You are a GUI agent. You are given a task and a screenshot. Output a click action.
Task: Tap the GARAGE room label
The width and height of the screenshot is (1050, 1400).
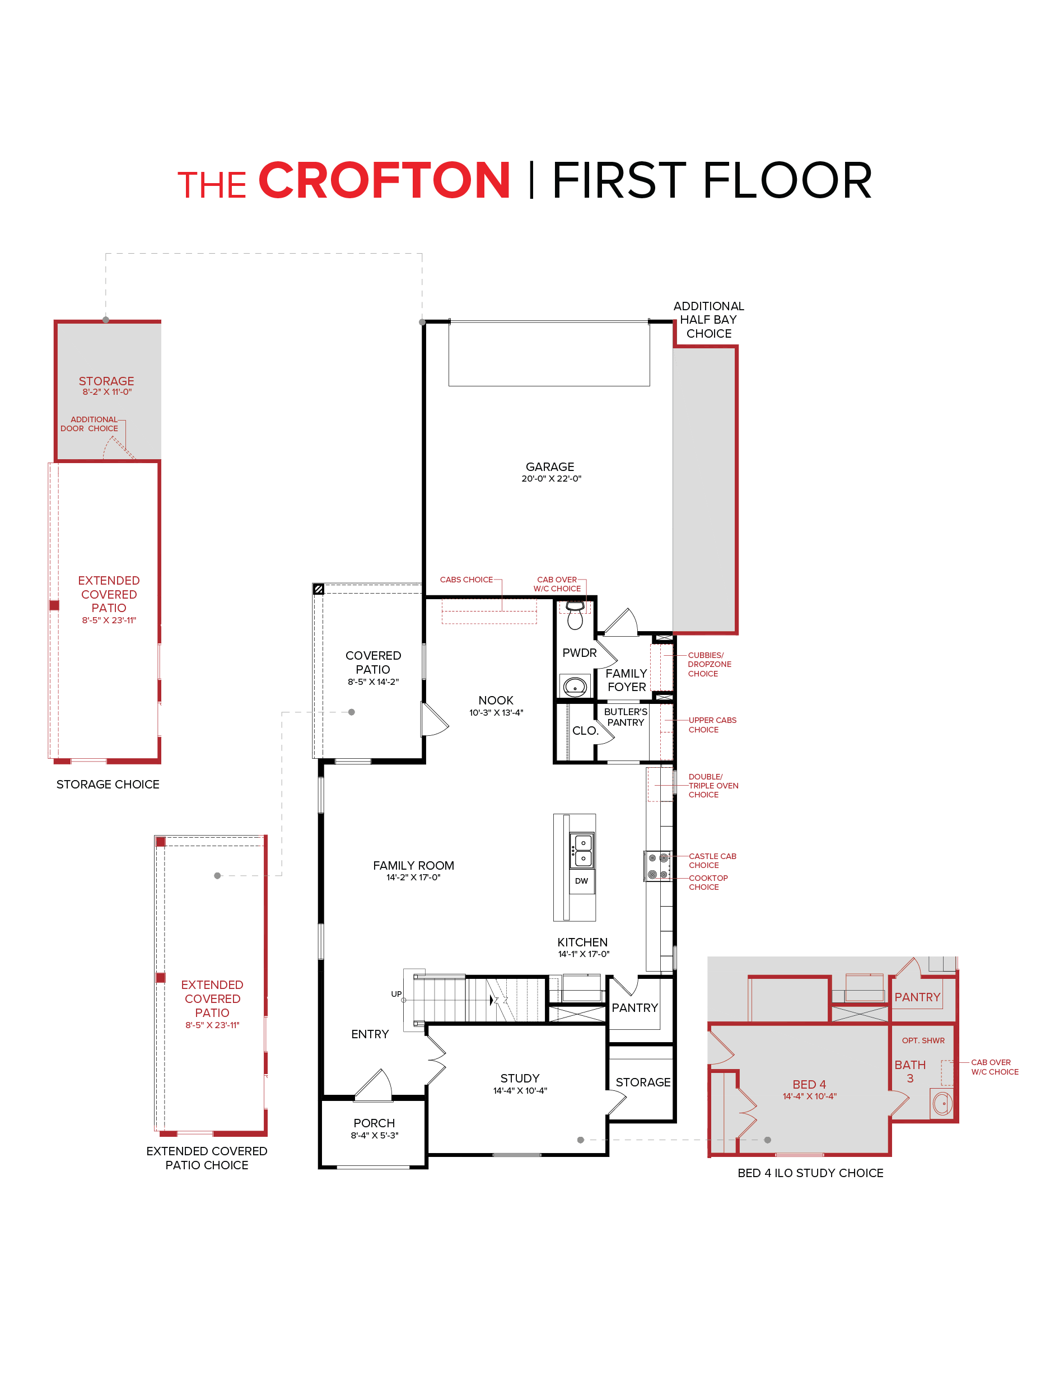click(x=549, y=466)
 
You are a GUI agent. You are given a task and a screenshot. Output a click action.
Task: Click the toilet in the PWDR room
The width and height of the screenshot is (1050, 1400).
click(x=575, y=615)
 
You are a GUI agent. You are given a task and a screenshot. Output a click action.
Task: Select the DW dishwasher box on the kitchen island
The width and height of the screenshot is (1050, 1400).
click(x=581, y=880)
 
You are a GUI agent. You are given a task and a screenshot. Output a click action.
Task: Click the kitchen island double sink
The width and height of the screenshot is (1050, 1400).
click(x=582, y=850)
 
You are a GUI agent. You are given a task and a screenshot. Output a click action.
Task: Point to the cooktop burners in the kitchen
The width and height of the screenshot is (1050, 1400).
click(x=657, y=866)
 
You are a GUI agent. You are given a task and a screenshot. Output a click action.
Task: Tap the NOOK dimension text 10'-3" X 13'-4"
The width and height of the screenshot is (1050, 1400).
click(x=496, y=713)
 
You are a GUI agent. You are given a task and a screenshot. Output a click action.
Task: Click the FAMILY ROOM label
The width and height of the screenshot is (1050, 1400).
click(x=413, y=865)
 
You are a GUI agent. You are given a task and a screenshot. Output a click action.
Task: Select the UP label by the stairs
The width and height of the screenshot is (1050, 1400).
click(x=396, y=993)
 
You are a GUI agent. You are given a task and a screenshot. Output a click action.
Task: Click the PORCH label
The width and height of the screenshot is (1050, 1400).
click(x=374, y=1123)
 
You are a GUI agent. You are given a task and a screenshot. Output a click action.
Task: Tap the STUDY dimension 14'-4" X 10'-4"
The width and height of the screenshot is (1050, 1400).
click(x=520, y=1090)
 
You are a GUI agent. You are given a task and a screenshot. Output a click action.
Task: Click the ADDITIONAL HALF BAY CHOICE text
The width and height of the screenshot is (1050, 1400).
click(x=708, y=320)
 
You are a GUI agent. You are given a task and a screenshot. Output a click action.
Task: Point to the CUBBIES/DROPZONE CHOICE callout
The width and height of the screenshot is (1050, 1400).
click(x=709, y=664)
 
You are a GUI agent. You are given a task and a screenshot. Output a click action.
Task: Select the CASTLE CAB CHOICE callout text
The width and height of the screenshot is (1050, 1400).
click(x=712, y=860)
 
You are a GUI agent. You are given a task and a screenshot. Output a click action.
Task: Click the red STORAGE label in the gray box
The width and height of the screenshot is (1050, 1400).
click(x=106, y=381)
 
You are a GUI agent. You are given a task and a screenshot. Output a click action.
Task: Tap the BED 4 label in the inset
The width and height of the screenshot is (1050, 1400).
click(x=809, y=1084)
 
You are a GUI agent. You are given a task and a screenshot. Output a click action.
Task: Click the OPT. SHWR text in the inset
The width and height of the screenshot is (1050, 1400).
click(x=923, y=1040)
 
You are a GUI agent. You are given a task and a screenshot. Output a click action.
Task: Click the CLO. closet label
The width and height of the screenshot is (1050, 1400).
click(x=585, y=730)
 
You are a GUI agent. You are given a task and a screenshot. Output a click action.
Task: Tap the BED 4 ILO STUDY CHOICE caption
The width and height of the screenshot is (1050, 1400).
click(x=810, y=1173)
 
